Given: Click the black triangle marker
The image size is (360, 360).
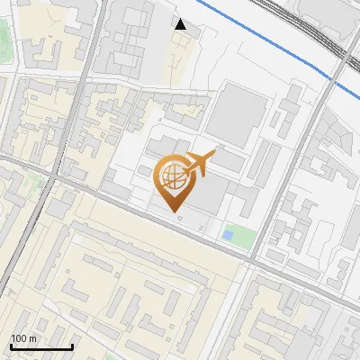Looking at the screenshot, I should [x=181, y=25].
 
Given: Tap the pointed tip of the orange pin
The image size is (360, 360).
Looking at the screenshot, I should [x=174, y=213].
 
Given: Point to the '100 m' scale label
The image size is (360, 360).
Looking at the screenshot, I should [x=23, y=338].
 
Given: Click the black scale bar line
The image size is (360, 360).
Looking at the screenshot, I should [x=41, y=346].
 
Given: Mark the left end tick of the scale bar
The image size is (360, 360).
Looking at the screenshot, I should [x=11, y=346].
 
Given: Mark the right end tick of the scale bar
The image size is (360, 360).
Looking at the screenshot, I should [x=72, y=346].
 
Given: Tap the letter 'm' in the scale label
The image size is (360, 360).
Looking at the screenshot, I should [x=32, y=338].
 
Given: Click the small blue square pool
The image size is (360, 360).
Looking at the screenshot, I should [x=228, y=236].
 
